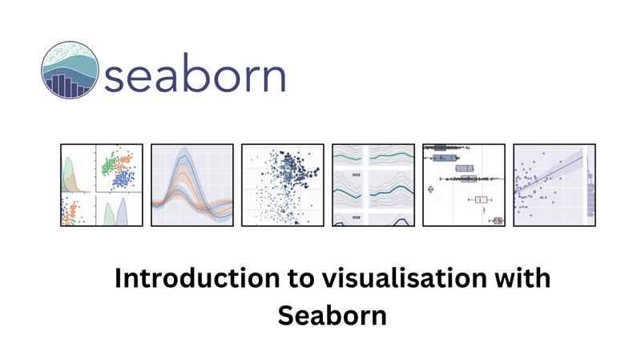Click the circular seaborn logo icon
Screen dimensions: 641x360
click(70, 70)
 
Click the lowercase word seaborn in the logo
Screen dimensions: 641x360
click(195, 72)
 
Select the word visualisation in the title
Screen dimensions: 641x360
click(404, 278)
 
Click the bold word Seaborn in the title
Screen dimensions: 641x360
click(332, 316)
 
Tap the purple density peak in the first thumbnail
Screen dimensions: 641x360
click(123, 211)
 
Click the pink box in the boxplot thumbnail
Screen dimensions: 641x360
click(498, 221)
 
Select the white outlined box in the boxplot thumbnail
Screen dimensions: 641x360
click(482, 200)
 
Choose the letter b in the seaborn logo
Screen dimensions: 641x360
click(195, 71)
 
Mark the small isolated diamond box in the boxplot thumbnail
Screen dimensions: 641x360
click(430, 189)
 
